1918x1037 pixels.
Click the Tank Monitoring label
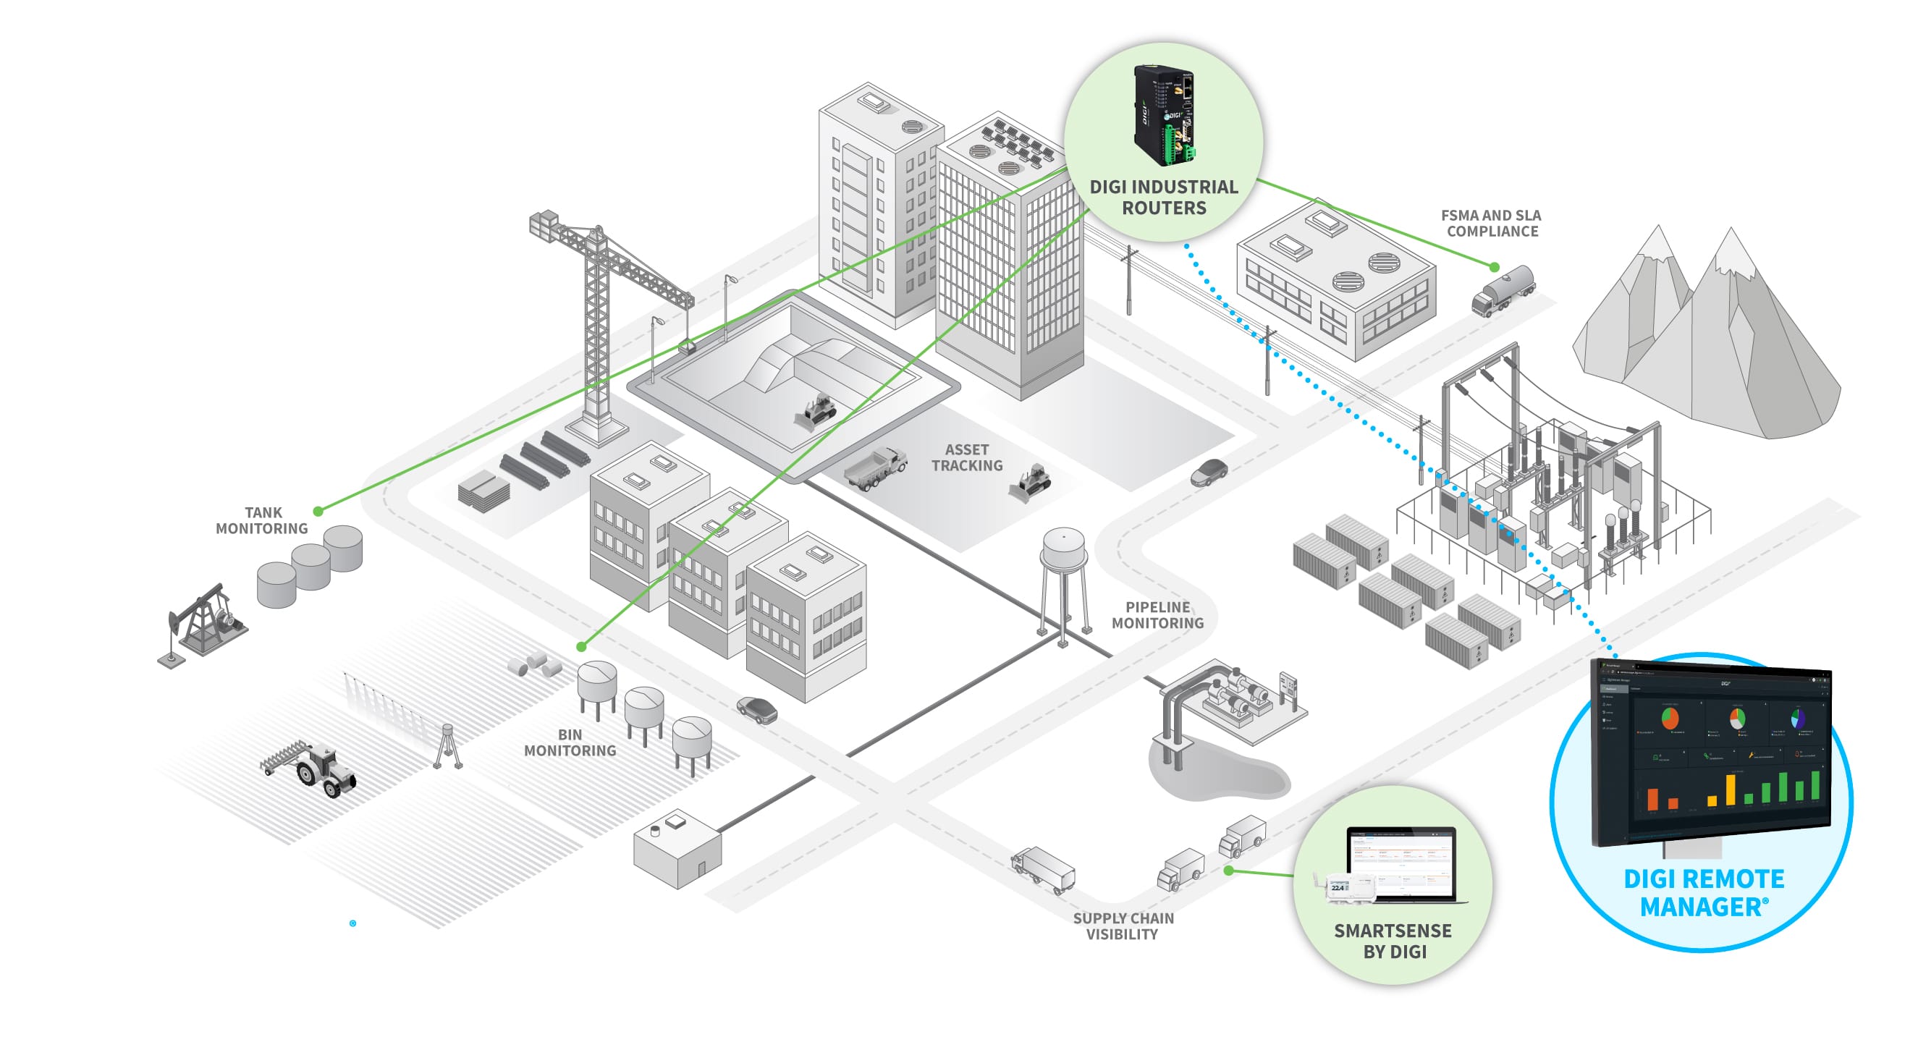262,520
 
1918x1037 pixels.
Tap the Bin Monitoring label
570,742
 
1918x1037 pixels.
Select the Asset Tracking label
966,457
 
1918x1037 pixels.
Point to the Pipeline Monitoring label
1157,615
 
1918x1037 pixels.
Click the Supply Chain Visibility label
1123,926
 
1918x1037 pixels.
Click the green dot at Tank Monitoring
318,512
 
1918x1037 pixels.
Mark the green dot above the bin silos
581,647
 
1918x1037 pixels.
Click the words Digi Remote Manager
1704,892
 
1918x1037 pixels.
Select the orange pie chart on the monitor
1670,719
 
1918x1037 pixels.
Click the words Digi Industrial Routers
1164,198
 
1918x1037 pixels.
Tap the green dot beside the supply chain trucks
1228,870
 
